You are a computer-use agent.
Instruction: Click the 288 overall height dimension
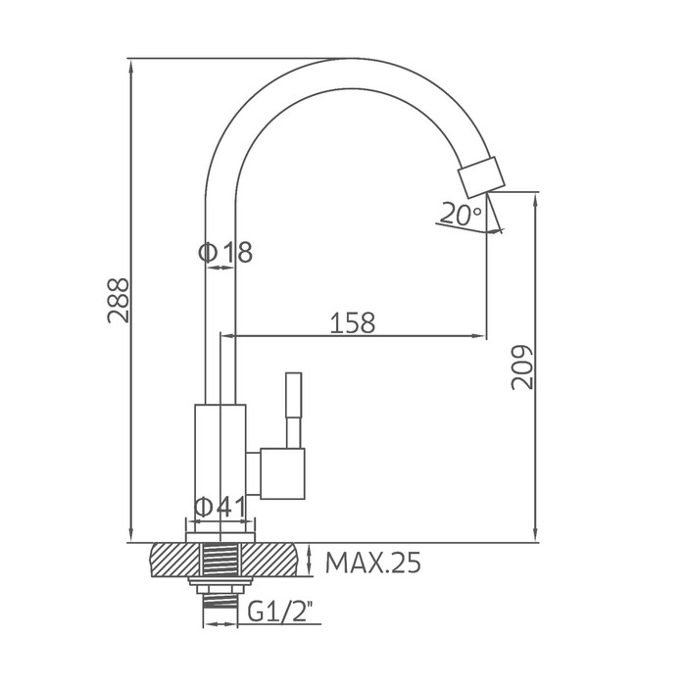coord(119,300)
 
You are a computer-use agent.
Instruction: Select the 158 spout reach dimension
coord(352,322)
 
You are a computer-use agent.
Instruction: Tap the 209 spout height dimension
coord(522,367)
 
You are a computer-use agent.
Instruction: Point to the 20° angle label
coord(461,214)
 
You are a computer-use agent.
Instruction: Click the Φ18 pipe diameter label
coord(225,253)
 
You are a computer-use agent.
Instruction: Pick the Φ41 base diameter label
coord(220,508)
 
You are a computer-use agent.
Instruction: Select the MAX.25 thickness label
coord(373,563)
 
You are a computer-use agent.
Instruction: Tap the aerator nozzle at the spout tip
coord(481,176)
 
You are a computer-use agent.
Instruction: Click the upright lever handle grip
coord(294,395)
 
